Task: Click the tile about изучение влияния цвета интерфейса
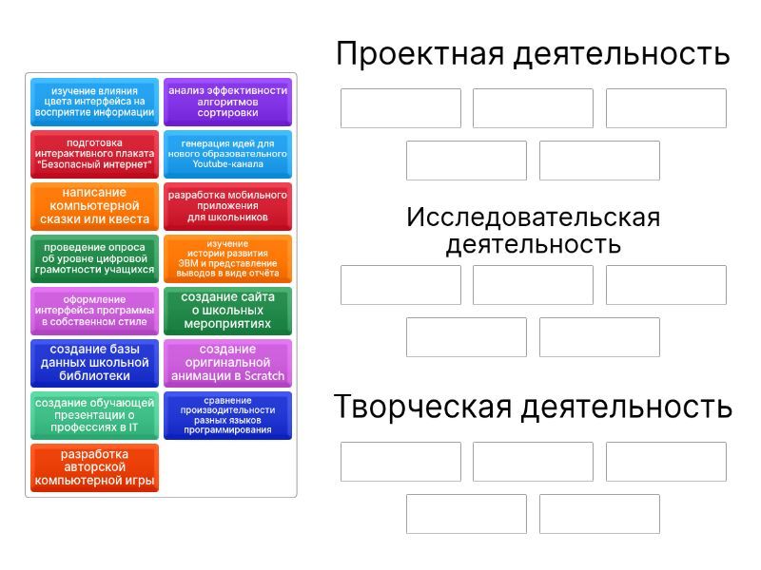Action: click(x=94, y=102)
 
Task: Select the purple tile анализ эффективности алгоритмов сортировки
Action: click(x=227, y=102)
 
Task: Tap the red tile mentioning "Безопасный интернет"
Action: click(x=94, y=154)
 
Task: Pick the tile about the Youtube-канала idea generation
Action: click(x=227, y=154)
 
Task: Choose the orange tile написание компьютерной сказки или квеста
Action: click(x=94, y=206)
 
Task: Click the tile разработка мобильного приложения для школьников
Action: click(x=227, y=206)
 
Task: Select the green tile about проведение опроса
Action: click(x=94, y=258)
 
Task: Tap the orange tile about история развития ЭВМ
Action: click(x=227, y=258)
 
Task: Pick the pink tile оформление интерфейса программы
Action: click(x=94, y=312)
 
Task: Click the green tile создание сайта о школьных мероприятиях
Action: click(x=227, y=312)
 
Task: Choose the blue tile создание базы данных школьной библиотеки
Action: click(x=94, y=364)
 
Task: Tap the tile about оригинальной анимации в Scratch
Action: click(x=227, y=364)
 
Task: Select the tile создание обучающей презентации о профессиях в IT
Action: click(x=94, y=416)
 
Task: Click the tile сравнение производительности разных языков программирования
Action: click(x=227, y=416)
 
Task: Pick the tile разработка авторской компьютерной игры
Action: click(x=94, y=468)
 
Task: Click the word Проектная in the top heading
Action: click(x=420, y=54)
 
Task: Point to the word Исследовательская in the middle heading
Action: click(x=534, y=218)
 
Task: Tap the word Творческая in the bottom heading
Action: click(x=422, y=407)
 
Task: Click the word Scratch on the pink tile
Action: click(x=264, y=376)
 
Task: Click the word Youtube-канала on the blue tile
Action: click(x=227, y=164)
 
